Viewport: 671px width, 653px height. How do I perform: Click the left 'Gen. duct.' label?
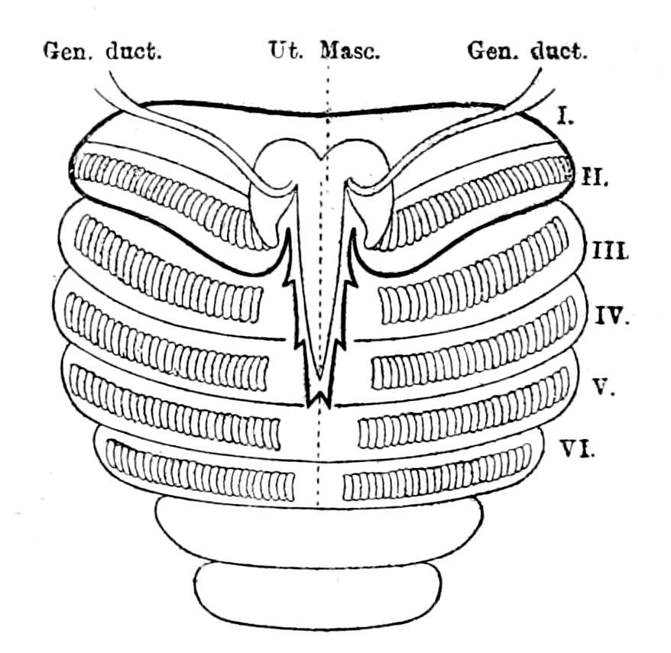102,51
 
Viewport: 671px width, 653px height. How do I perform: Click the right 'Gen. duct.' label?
527,51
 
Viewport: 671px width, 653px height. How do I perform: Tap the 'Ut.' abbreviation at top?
286,50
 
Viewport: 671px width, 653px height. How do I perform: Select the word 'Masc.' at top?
350,50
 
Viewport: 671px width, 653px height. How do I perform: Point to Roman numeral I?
565,116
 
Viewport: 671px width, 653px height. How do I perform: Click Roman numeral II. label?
594,176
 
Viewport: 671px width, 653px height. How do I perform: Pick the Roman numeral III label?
610,251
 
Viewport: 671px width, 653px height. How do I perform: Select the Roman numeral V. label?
605,387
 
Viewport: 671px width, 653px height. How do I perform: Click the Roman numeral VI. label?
577,449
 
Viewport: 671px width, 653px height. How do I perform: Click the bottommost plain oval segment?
317,595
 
